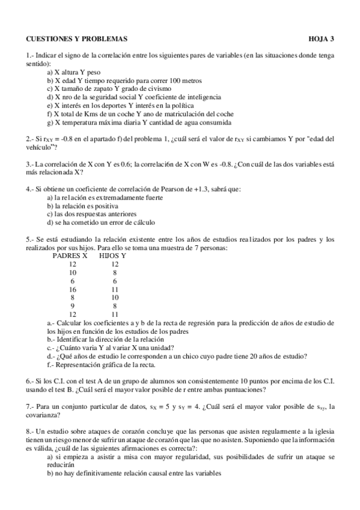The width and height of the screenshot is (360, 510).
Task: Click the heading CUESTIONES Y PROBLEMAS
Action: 77,38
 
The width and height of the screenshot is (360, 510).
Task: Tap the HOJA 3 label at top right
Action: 321,38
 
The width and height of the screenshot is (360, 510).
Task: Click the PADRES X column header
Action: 71,256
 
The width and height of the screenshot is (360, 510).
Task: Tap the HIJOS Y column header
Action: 112,256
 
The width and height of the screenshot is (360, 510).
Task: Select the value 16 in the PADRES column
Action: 73,289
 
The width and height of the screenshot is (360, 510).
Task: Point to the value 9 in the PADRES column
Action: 73,306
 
